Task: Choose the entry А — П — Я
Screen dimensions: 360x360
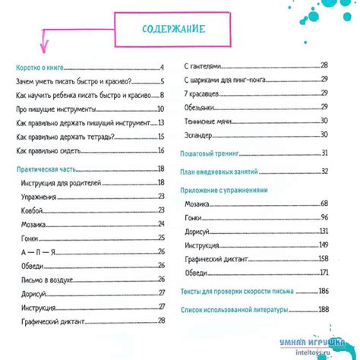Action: tap(36, 252)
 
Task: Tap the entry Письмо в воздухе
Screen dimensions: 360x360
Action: tap(48, 280)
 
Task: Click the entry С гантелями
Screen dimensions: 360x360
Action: tap(203, 66)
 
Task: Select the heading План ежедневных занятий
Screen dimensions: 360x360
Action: tap(220, 171)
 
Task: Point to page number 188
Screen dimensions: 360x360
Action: tap(323, 309)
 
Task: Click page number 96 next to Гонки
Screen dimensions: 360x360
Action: tap(324, 217)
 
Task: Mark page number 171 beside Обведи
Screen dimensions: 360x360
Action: tap(323, 272)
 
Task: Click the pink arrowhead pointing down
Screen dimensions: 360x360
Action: tap(44, 52)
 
